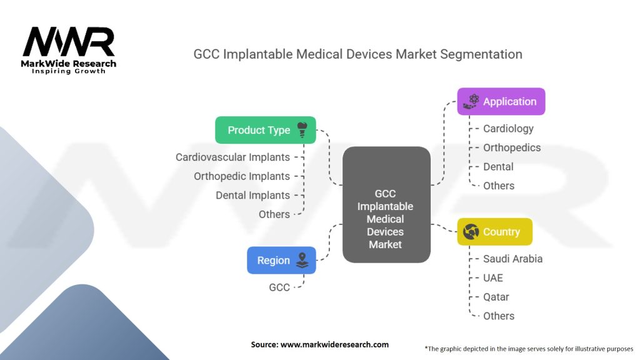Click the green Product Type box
coord(265,130)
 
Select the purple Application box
coord(501,101)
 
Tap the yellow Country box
coord(494,232)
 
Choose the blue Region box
coord(281,260)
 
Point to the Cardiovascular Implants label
coord(232,157)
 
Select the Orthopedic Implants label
coord(242,176)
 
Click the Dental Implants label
coord(252,195)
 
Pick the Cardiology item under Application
coord(508,129)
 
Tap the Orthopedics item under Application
coord(512,147)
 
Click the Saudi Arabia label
coord(512,259)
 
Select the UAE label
coord(492,277)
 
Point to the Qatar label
coord(496,297)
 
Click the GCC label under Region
coord(279,287)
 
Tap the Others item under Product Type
coord(274,214)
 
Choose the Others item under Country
coord(499,316)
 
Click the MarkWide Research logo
coord(69,50)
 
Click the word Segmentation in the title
coord(481,54)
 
